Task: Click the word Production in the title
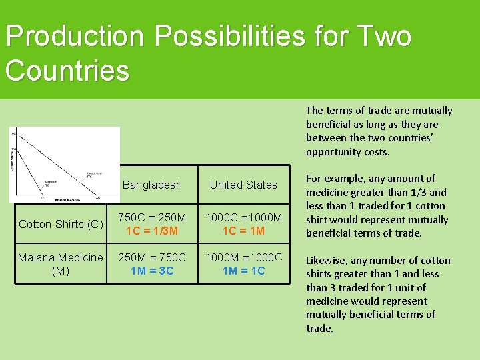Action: coord(74,37)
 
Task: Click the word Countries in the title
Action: coord(67,69)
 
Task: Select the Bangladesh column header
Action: coord(152,185)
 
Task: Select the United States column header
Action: coord(243,185)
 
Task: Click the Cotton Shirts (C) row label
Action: coord(61,224)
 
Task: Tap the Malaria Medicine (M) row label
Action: coord(61,263)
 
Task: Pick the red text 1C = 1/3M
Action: coord(152,231)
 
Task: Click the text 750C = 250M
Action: coord(152,217)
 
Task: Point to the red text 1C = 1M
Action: coord(243,231)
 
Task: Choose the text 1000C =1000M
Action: coord(243,217)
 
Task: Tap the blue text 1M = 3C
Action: coord(152,270)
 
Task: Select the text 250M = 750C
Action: coord(152,257)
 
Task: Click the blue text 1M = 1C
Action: coord(243,270)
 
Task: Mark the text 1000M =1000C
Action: coord(243,257)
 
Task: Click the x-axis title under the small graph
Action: coord(67,199)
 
